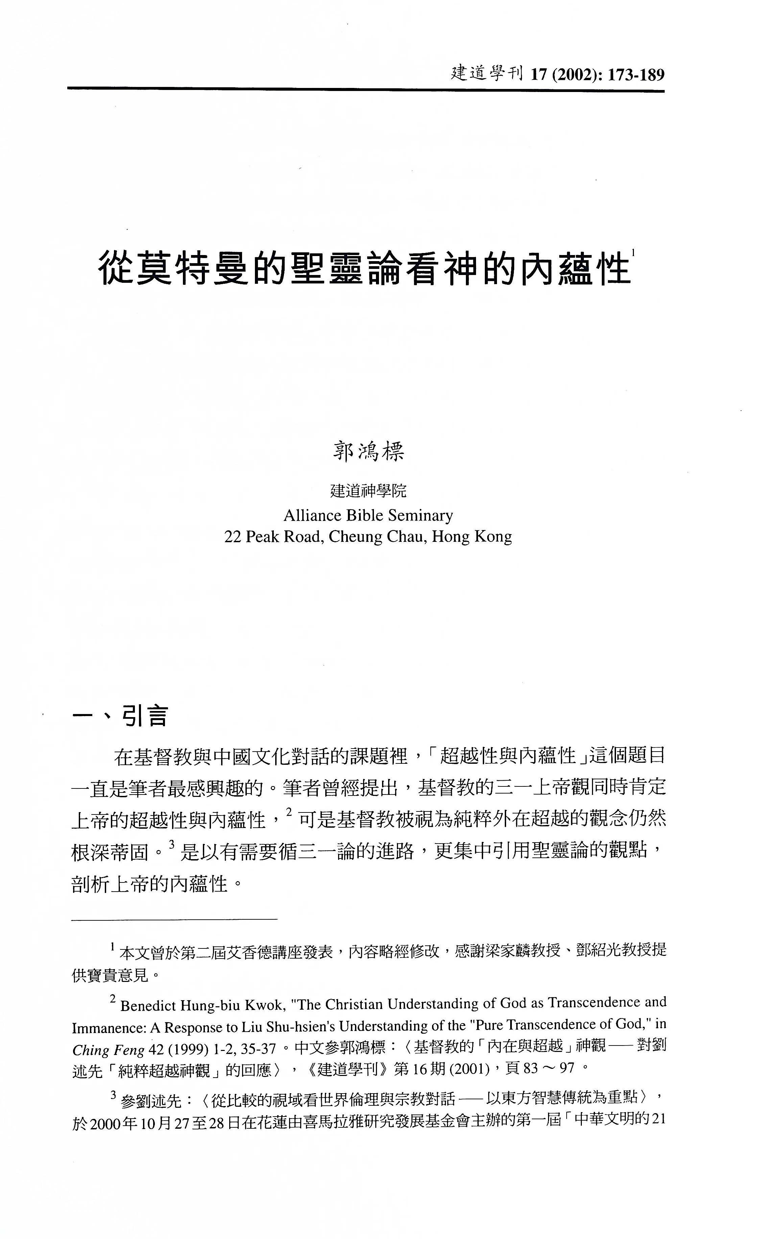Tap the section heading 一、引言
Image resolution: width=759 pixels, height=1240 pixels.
[x=120, y=716]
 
